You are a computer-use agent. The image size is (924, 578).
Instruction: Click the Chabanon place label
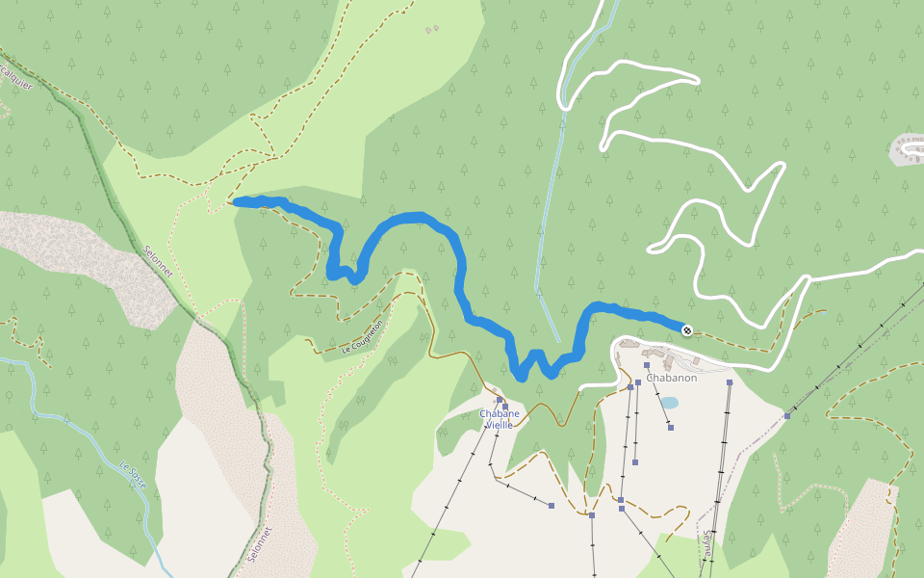click(671, 378)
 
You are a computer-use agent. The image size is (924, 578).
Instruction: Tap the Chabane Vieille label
click(500, 419)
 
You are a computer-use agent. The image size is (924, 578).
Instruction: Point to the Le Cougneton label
click(363, 337)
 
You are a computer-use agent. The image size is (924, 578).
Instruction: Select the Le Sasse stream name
click(133, 475)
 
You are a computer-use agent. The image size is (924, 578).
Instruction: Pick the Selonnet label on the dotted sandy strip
click(259, 544)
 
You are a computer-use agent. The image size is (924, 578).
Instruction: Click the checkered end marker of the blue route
click(686, 330)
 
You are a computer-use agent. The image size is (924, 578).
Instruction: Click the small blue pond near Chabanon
click(669, 403)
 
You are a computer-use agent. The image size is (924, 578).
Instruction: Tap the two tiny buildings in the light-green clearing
click(430, 30)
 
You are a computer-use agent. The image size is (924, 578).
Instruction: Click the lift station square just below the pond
click(670, 427)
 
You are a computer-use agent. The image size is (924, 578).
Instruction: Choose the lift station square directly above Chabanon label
click(648, 365)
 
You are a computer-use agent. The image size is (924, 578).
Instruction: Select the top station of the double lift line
click(730, 382)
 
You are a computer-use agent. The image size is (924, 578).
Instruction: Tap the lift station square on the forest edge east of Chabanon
click(787, 416)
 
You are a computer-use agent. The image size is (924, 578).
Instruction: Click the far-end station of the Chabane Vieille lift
click(552, 505)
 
